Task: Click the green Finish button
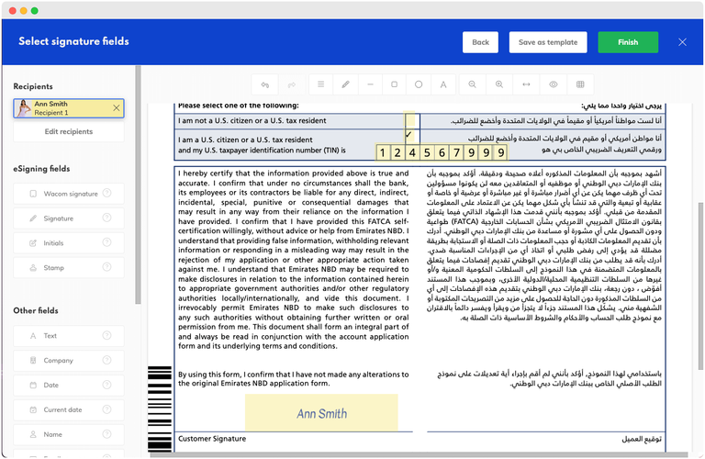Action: (x=628, y=42)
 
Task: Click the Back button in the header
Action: (x=480, y=42)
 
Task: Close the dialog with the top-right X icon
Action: (x=682, y=42)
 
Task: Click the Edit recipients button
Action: (x=69, y=131)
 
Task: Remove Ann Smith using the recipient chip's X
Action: (x=116, y=108)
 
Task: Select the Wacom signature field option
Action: (x=69, y=194)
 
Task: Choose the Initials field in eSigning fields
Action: (x=69, y=243)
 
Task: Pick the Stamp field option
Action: (x=69, y=268)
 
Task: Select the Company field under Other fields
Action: (x=69, y=361)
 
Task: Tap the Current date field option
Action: (x=69, y=410)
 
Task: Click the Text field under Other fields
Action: (x=69, y=336)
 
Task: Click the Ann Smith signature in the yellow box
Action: (x=321, y=413)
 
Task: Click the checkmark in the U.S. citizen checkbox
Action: (x=408, y=135)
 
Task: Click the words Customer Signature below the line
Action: (x=212, y=439)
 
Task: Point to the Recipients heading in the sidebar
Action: (x=33, y=86)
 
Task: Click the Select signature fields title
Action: (x=73, y=41)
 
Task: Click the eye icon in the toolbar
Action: (x=554, y=84)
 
